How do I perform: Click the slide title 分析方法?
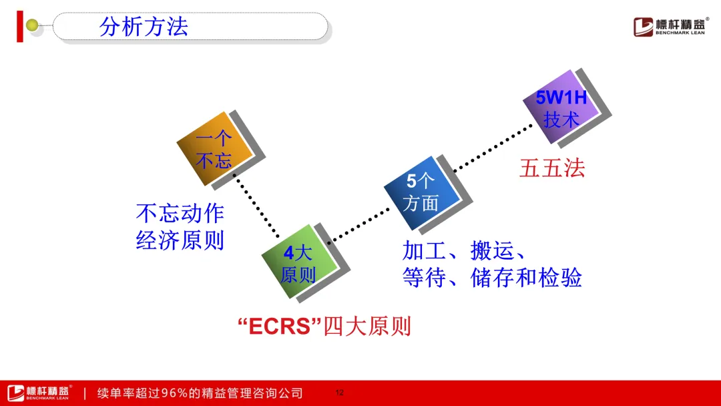(144, 27)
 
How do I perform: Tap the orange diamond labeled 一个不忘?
(215, 148)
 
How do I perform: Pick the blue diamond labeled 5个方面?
(422, 193)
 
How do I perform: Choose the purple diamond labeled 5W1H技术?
(561, 107)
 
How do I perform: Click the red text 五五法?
(552, 168)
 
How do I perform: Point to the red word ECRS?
(280, 327)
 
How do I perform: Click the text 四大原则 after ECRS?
(367, 327)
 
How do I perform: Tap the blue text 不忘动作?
(180, 213)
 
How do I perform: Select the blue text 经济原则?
(180, 240)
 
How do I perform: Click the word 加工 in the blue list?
(424, 251)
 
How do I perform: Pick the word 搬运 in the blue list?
(492, 251)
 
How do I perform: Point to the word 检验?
(560, 278)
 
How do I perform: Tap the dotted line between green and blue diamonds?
(360, 225)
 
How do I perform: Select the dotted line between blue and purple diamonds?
(493, 148)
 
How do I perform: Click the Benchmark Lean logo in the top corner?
(671, 27)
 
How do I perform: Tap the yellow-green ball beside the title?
(32, 25)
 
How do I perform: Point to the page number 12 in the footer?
(339, 393)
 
